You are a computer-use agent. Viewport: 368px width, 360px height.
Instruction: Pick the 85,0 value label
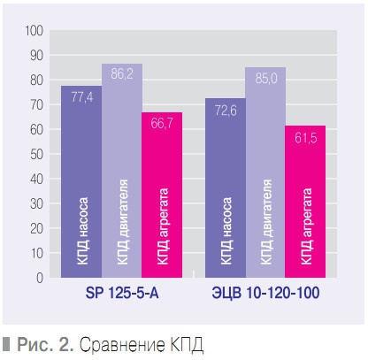[265, 80]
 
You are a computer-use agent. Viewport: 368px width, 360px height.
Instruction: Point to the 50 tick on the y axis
[36, 155]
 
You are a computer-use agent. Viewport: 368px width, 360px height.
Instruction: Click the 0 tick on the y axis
[40, 278]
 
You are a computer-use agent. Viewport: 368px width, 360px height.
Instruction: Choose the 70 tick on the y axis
[36, 105]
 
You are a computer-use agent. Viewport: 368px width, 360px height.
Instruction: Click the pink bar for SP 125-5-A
[162, 195]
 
